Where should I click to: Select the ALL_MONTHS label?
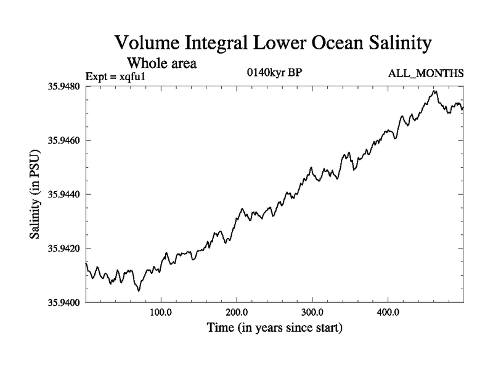pyautogui.click(x=426, y=74)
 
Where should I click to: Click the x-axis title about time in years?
pyautogui.click(x=274, y=327)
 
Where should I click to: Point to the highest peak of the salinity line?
pyautogui.click(x=436, y=91)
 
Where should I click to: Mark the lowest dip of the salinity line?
pyautogui.click(x=139, y=290)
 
